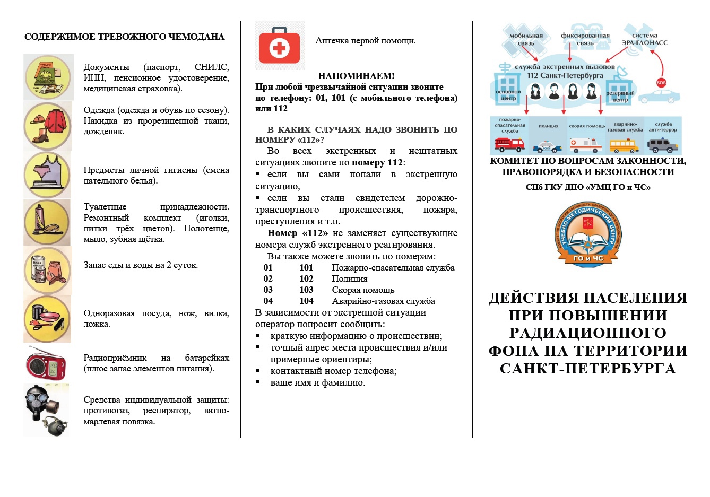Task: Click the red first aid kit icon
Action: (280, 47)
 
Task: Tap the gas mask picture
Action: (46, 410)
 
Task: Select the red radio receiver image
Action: (46, 363)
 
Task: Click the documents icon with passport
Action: (48, 77)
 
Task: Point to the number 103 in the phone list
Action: (306, 290)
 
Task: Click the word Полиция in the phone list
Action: (350, 279)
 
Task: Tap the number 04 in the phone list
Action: (268, 301)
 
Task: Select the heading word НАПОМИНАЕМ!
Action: (356, 76)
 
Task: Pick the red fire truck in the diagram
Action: (509, 144)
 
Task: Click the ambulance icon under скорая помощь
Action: (586, 145)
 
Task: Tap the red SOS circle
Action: (661, 82)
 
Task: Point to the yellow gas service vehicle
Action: (624, 145)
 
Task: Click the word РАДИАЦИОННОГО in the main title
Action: (587, 333)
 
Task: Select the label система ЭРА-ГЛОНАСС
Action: (644, 39)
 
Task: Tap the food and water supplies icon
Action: (48, 270)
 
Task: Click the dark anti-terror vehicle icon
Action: (663, 145)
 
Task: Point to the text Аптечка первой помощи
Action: (366, 41)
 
